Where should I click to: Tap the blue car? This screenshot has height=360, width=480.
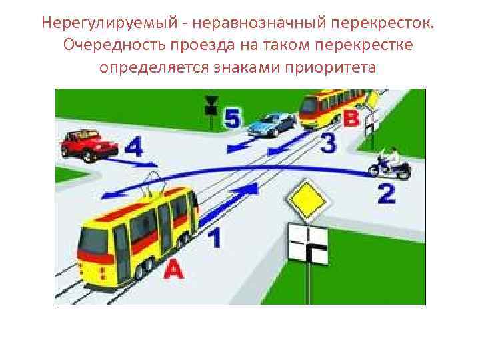[272, 124]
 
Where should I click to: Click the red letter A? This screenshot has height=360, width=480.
[172, 270]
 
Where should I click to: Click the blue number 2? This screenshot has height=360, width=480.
[387, 195]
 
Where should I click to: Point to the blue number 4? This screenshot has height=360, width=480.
[133, 148]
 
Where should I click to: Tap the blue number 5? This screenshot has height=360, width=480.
[232, 119]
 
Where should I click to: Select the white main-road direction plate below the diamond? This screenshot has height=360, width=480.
[308, 246]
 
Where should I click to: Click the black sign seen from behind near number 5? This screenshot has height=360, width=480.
[211, 105]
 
